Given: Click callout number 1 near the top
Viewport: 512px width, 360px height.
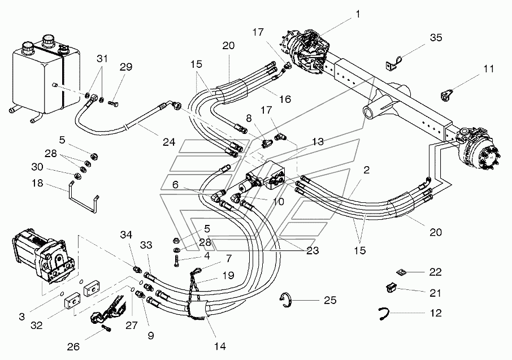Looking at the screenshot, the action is (x=358, y=14).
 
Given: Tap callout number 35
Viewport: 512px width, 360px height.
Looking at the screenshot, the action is (x=436, y=37).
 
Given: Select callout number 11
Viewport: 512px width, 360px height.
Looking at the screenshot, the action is (x=488, y=69).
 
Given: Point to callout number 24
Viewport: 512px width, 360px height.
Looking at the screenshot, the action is (x=169, y=142).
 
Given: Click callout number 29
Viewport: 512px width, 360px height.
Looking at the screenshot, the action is (x=125, y=67).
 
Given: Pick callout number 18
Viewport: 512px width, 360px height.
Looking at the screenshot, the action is (x=37, y=183).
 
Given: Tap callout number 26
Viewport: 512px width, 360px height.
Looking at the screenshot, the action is (x=73, y=346).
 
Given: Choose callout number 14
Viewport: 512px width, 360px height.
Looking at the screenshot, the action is (x=220, y=346).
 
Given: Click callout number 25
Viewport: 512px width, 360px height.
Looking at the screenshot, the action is (x=330, y=300).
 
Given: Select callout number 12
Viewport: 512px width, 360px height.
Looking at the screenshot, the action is (x=435, y=313).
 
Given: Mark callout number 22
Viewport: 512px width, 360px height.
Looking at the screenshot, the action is (x=435, y=272).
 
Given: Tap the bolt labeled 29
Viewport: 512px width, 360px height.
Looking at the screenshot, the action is (x=112, y=104).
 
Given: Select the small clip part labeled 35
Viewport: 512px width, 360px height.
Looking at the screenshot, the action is (x=393, y=62).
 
